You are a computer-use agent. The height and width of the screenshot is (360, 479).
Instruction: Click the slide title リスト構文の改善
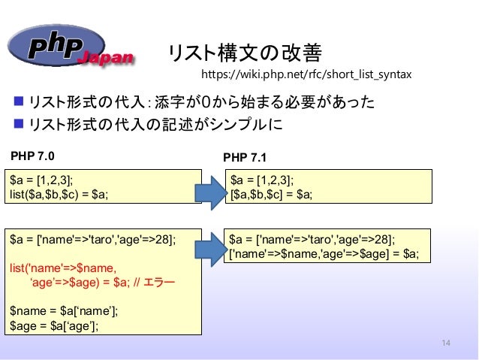click(244, 53)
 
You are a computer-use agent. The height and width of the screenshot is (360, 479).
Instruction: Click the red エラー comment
click(158, 283)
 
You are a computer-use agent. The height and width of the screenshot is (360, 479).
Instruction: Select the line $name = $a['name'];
click(65, 311)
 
